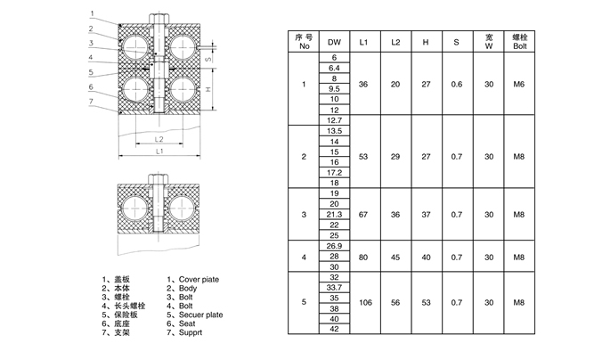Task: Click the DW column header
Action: click(334, 42)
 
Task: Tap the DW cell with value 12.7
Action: click(334, 119)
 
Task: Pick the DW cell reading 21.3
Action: click(334, 214)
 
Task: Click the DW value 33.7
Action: click(334, 287)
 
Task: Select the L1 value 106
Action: click(363, 302)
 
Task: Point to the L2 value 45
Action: click(395, 258)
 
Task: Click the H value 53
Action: click(426, 302)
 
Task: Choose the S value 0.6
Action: click(457, 85)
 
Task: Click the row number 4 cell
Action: click(305, 258)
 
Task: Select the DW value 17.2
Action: click(334, 171)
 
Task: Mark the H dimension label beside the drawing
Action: click(208, 90)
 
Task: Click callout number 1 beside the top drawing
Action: click(92, 12)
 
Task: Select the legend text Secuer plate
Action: click(198, 315)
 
